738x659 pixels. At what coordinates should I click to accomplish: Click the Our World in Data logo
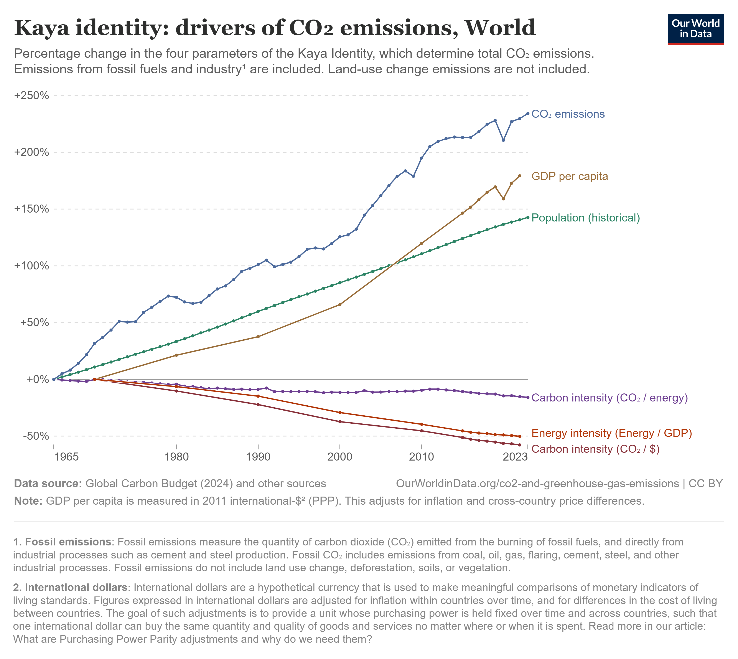tap(695, 29)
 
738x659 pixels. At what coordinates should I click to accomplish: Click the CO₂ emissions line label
tap(568, 114)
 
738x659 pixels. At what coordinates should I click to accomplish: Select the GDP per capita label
tap(569, 176)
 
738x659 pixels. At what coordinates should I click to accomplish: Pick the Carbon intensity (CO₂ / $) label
tap(595, 449)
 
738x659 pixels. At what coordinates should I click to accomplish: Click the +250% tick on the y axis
tap(31, 96)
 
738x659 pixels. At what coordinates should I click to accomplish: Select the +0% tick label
tap(38, 379)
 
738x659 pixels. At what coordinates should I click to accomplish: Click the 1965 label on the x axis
tap(66, 457)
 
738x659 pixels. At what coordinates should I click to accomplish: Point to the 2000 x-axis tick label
tap(339, 457)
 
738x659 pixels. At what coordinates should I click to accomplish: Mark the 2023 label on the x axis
tap(515, 457)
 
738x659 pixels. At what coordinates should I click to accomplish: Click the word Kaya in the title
tap(42, 28)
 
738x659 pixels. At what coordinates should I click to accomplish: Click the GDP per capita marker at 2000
tap(339, 304)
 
